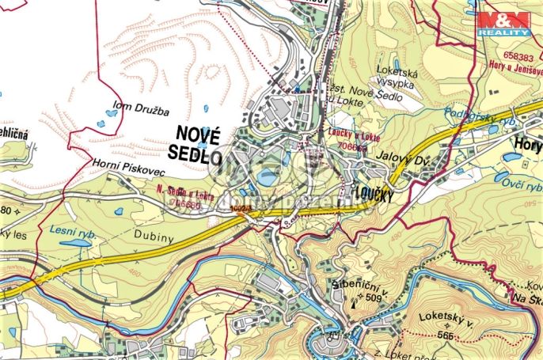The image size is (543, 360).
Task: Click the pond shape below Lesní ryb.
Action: (77, 244)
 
